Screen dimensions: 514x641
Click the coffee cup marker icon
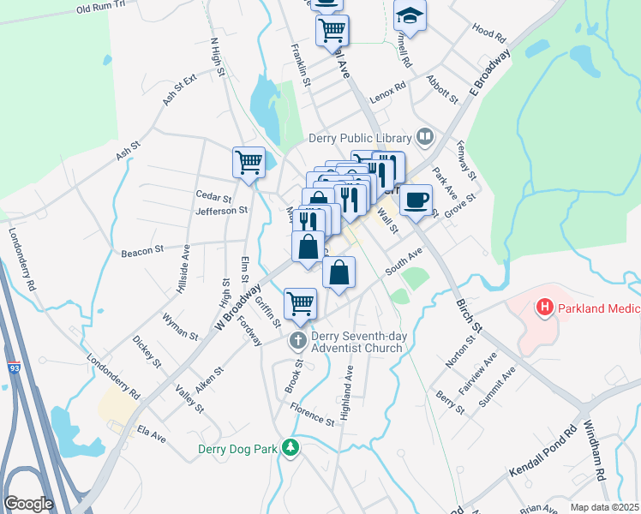416,200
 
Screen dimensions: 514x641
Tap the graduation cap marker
410,15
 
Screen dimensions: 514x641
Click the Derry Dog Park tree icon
291,447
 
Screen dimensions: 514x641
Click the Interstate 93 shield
15,367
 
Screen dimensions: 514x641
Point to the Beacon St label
142,251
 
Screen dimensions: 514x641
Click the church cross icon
297,341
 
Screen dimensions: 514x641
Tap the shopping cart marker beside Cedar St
249,161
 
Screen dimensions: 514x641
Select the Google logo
28,504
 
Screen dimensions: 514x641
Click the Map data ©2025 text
604,507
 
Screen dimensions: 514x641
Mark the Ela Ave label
151,438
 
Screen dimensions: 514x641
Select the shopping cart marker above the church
300,302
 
